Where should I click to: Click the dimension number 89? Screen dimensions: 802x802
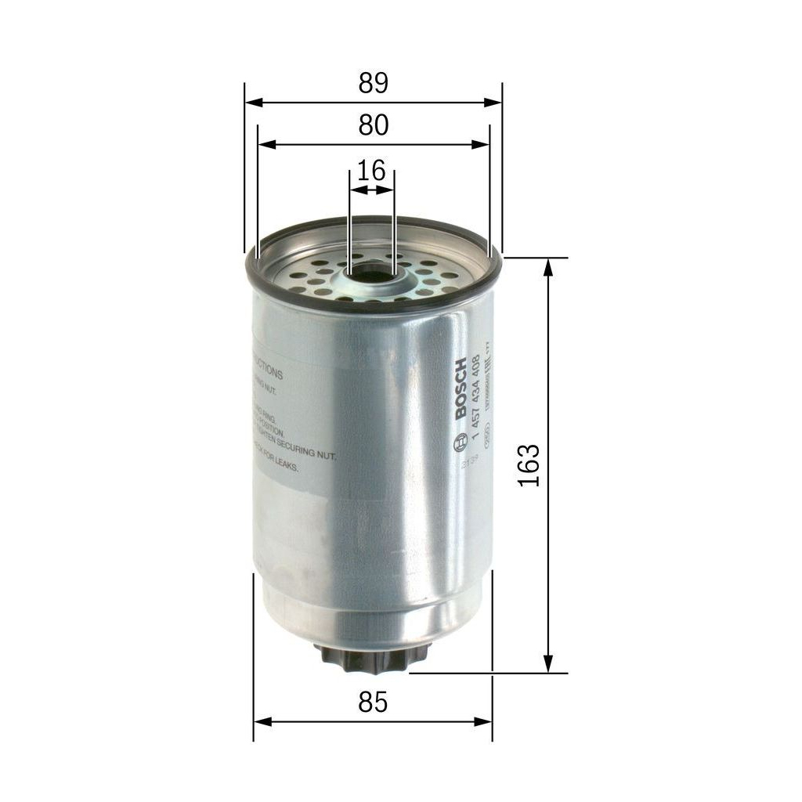coord(374,84)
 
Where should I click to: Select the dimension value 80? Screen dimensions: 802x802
coord(374,125)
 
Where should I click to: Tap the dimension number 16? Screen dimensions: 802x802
coord(370,170)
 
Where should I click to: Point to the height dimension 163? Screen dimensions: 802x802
coord(530,465)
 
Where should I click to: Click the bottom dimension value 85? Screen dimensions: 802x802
coord(374,703)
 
